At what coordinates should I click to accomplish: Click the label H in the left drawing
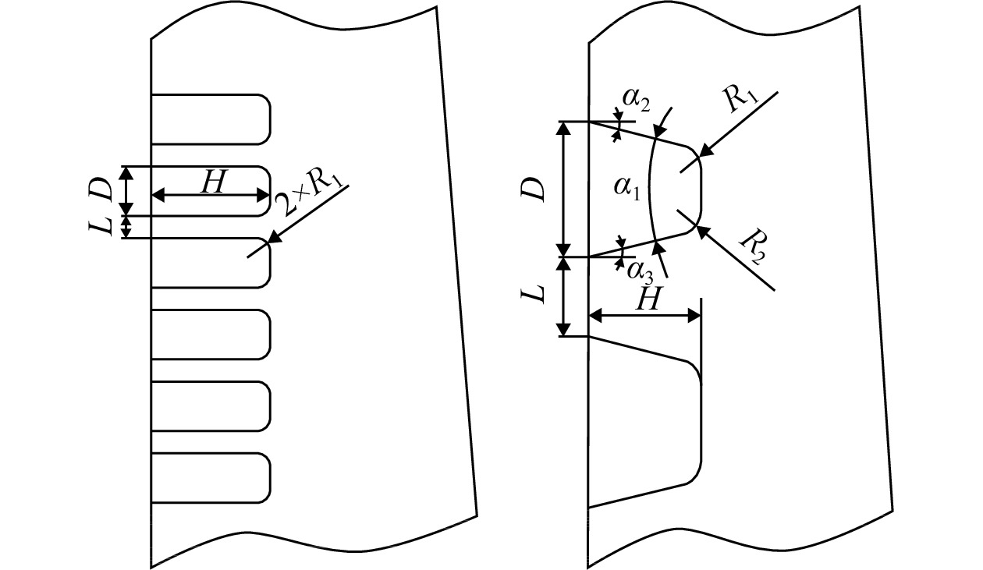213,182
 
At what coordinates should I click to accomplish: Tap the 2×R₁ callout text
310,195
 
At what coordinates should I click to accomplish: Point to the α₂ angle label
637,101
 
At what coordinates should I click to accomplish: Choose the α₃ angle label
641,272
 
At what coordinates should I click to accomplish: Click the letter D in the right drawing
534,189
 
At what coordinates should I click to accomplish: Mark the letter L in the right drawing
534,294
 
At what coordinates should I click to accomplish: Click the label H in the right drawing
648,299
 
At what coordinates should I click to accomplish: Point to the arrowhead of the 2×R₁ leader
275,238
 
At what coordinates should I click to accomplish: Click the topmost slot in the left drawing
211,119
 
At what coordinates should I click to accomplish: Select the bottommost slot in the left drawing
211,477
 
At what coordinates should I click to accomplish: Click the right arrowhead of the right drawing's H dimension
694,315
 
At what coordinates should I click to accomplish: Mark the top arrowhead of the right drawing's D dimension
564,127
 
